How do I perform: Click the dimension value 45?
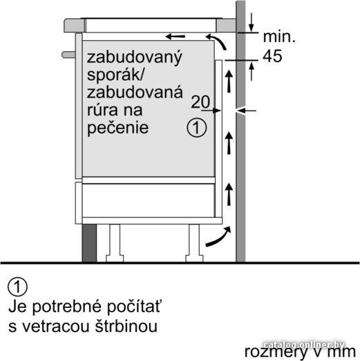click(272, 56)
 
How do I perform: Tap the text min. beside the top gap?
click(279, 37)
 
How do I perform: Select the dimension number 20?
click(200, 101)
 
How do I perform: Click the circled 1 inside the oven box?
click(197, 128)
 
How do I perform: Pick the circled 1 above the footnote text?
click(17, 287)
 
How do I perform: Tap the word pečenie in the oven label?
click(117, 128)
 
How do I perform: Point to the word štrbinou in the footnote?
click(126, 326)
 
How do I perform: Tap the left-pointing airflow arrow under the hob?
click(176, 37)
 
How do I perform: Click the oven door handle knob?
click(68, 55)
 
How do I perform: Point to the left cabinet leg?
click(115, 243)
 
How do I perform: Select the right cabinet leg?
click(194, 243)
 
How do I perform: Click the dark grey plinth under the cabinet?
click(89, 243)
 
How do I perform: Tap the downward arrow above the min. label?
click(252, 22)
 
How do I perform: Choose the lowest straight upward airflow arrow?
click(229, 194)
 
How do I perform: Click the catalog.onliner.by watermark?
click(304, 345)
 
